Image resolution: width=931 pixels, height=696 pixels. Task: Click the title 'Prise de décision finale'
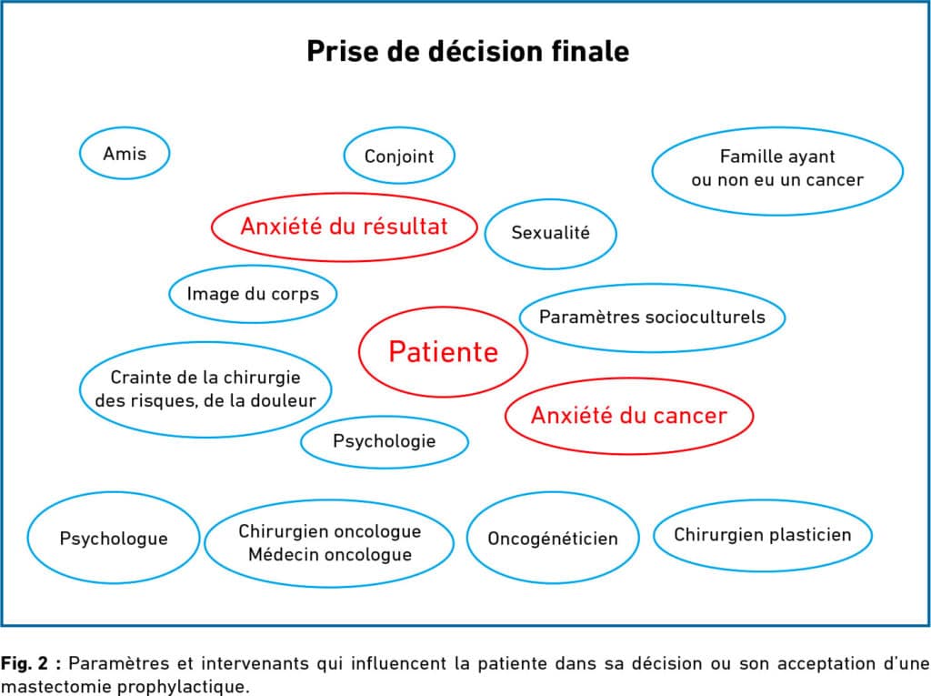point(468,51)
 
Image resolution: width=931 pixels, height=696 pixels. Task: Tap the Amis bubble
point(125,154)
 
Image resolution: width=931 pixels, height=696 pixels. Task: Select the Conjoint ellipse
point(399,156)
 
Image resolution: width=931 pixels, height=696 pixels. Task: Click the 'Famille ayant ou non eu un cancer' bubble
point(777,171)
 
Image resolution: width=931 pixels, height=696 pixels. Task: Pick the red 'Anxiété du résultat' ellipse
point(345,227)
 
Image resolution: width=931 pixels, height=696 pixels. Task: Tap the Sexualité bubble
point(550,233)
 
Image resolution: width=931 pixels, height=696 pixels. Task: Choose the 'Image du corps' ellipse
point(253,294)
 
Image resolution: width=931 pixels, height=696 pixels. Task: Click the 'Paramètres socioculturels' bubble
point(652,317)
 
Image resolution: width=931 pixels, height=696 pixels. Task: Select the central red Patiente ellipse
point(443,351)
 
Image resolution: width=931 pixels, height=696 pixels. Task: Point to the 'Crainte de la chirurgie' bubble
point(205,389)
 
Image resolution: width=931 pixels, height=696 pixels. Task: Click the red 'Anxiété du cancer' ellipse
point(629,416)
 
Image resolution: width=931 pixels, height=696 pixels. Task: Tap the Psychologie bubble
point(385,441)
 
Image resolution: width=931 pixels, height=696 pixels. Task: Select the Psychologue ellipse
point(114,538)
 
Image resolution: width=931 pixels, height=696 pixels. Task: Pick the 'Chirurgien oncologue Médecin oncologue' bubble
point(329,542)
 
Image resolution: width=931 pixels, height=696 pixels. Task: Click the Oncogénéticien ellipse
point(553,539)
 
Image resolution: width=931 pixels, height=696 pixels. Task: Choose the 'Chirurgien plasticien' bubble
point(763,535)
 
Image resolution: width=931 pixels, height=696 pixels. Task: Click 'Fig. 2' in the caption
point(25,662)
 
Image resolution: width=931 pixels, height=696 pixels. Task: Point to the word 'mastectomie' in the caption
point(55,687)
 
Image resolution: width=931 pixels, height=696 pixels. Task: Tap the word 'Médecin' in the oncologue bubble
point(279,555)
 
